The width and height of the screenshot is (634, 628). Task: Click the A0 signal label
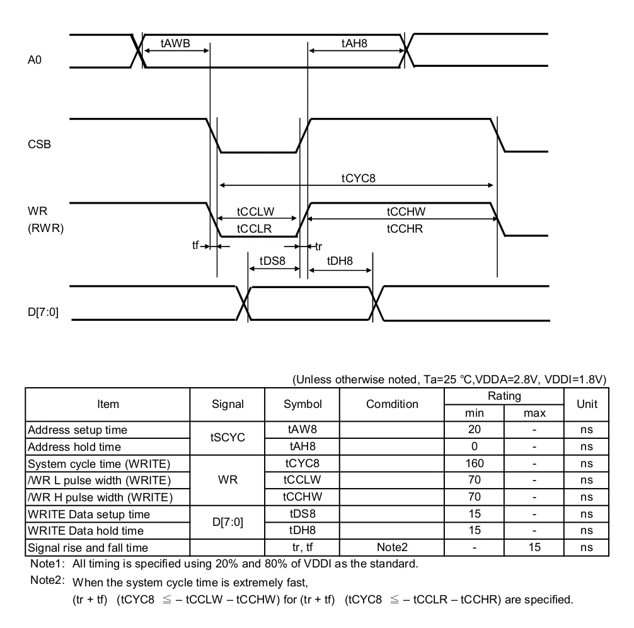35,60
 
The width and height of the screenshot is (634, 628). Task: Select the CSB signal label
39,144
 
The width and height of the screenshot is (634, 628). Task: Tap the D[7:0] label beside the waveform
43,312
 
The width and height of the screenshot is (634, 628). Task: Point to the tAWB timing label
175,44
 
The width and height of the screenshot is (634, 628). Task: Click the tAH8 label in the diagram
354,44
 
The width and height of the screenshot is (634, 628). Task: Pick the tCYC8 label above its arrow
358,178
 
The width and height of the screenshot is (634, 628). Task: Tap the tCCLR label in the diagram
254,229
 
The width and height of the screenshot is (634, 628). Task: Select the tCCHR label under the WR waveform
405,229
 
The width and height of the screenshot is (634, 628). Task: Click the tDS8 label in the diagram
272,261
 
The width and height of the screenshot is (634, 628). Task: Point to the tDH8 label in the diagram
340,261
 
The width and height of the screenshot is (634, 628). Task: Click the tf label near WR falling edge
195,245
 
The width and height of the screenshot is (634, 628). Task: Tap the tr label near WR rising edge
319,247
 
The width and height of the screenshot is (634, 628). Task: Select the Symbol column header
303,404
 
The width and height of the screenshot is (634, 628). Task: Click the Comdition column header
392,404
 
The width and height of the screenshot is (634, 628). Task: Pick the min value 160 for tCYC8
475,463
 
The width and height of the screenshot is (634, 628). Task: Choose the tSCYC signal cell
228,438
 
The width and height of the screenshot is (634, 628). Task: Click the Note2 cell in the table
392,547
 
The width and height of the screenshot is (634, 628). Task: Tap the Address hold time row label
74,447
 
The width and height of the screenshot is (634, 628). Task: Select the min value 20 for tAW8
475,429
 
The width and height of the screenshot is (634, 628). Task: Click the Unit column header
587,404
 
